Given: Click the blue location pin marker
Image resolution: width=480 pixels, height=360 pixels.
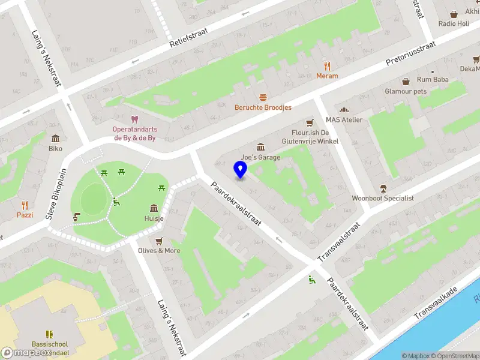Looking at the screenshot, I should (x=240, y=170).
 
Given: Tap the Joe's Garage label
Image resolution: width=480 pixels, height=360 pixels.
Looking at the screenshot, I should (x=260, y=157).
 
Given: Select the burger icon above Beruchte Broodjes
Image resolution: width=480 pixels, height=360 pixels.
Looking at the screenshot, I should (x=263, y=97).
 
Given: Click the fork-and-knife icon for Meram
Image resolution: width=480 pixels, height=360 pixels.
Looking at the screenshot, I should (x=327, y=66).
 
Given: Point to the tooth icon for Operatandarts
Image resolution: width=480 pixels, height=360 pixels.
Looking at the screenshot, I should (x=134, y=120).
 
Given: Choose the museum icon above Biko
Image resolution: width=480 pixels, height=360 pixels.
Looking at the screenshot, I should (x=56, y=138).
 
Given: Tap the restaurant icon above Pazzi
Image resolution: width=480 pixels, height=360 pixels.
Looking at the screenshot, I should (x=25, y=205).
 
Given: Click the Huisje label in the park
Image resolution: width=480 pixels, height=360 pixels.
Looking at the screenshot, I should (x=154, y=218).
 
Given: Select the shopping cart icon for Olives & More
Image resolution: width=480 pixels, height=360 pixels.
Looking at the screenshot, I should (x=159, y=241).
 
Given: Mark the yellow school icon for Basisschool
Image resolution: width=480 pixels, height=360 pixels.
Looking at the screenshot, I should (x=50, y=334).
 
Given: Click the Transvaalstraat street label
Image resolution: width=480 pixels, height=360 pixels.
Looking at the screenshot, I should (x=340, y=239).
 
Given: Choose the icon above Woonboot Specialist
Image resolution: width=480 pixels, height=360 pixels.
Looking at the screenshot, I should (x=383, y=188).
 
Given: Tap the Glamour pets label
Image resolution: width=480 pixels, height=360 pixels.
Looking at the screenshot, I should (x=406, y=92).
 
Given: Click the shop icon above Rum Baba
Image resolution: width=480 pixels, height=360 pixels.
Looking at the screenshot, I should (x=406, y=81).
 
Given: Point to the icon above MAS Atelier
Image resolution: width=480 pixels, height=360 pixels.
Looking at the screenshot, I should (x=344, y=110).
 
